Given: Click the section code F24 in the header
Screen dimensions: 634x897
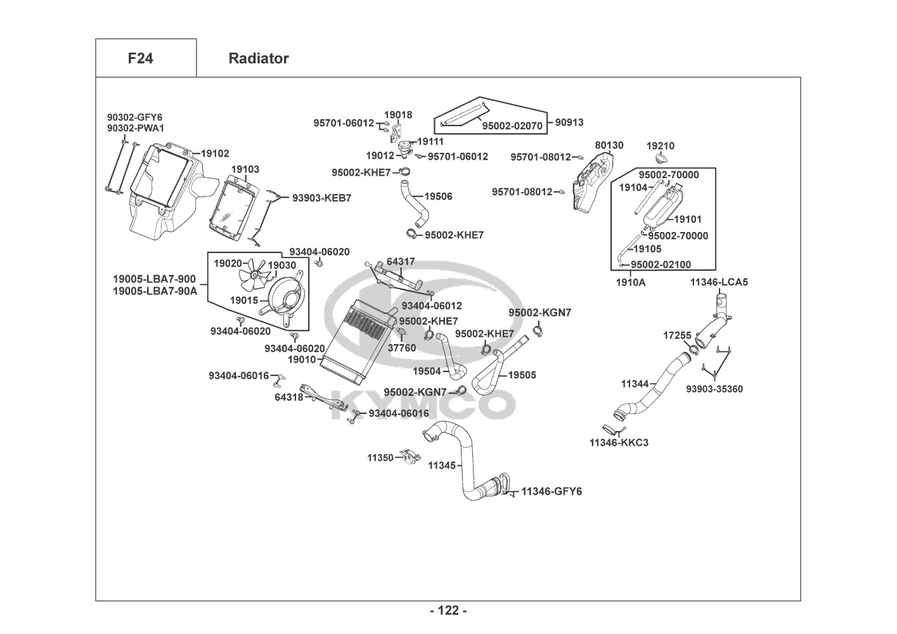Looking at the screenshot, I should tap(140, 58).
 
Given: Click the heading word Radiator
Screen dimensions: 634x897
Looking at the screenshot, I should tap(258, 58).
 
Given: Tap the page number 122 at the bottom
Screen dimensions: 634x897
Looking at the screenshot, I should tap(448, 611).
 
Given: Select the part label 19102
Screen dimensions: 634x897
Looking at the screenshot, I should tap(215, 153).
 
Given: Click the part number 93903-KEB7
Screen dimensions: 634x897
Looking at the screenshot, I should tap(321, 198).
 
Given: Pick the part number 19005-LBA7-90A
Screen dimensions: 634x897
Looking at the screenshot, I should tap(155, 292).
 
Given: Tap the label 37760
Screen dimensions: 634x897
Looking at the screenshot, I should tap(402, 347).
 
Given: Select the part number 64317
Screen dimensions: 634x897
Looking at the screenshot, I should tap(401, 261).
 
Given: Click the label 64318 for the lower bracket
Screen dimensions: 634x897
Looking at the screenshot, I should tap(288, 398).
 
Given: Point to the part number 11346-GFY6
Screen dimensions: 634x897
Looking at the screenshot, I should tap(552, 491).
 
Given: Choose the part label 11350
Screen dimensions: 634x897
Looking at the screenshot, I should tap(380, 457).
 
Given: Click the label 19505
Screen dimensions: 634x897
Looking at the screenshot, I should tap(522, 375).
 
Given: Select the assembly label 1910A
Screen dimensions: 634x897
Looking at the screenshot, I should tap(631, 282).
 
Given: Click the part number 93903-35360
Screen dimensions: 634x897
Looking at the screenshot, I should tap(714, 389).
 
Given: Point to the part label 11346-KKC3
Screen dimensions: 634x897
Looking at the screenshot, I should tap(619, 443).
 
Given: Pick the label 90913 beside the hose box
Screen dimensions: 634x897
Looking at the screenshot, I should tap(569, 122).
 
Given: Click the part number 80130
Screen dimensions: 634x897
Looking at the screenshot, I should tap(609, 145).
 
